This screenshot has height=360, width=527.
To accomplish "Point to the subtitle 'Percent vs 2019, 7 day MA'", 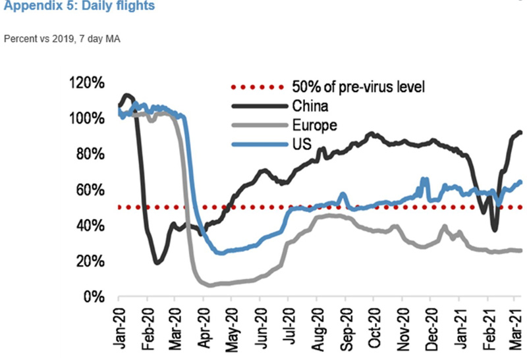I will [x=62, y=38].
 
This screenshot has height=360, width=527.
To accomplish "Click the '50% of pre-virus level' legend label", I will [x=354, y=86].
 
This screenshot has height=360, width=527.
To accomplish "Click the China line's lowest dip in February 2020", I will [x=157, y=263].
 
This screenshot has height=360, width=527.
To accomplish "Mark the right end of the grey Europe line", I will [x=522, y=250].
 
